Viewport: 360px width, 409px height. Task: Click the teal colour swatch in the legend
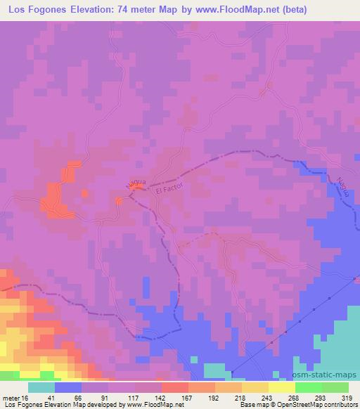41,387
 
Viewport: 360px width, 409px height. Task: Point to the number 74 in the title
150,11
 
